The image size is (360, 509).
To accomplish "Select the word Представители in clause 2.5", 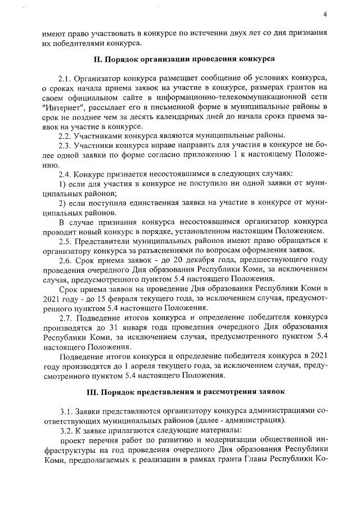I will tap(107, 242).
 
